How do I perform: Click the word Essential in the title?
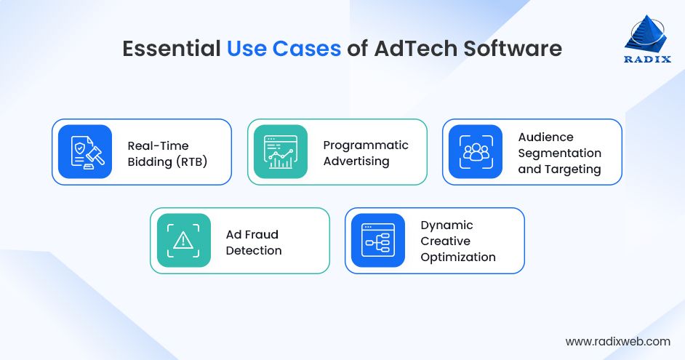click(171, 49)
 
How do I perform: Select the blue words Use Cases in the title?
click(284, 49)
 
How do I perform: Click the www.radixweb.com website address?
click(617, 341)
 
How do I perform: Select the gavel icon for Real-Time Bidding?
click(85, 152)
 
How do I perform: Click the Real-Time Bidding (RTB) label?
click(167, 153)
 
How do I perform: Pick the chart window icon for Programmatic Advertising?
click(281, 152)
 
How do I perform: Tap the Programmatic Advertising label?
click(366, 153)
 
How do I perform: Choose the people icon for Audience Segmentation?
click(476, 152)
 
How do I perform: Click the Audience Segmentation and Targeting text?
click(559, 153)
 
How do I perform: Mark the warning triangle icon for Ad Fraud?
click(183, 241)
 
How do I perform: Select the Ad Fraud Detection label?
click(254, 242)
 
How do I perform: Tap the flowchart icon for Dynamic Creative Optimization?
click(378, 241)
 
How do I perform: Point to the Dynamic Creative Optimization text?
click(457, 241)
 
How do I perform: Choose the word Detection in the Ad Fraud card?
click(254, 250)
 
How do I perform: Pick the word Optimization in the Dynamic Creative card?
click(458, 257)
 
